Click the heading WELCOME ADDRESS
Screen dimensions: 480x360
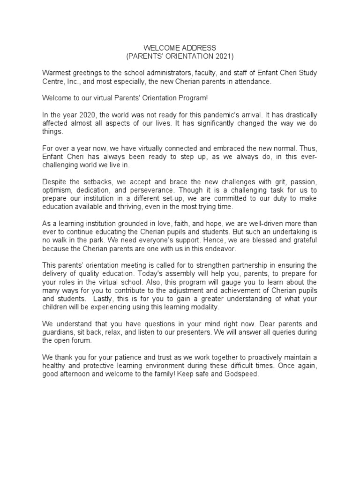180,48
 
